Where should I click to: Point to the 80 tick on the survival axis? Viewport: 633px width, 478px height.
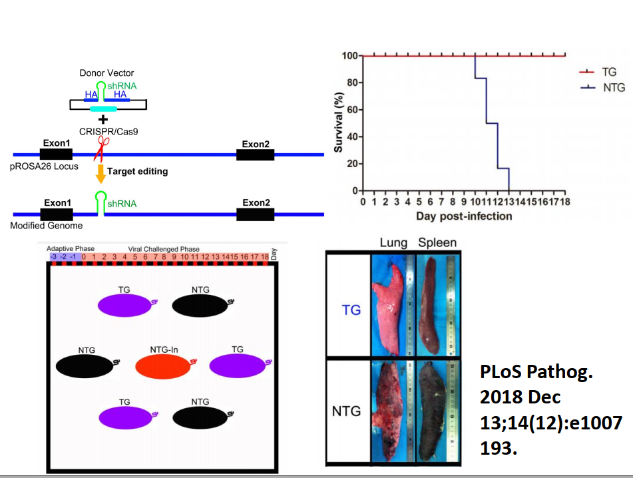[352, 83]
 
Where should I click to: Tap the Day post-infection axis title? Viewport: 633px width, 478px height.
[464, 216]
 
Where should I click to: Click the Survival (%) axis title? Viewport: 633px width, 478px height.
[339, 122]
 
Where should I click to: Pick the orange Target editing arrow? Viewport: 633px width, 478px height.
[101, 173]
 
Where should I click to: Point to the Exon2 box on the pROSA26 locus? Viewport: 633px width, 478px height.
[255, 154]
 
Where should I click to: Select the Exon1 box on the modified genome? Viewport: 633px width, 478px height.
[57, 214]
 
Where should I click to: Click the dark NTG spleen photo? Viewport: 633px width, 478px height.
[437, 411]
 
